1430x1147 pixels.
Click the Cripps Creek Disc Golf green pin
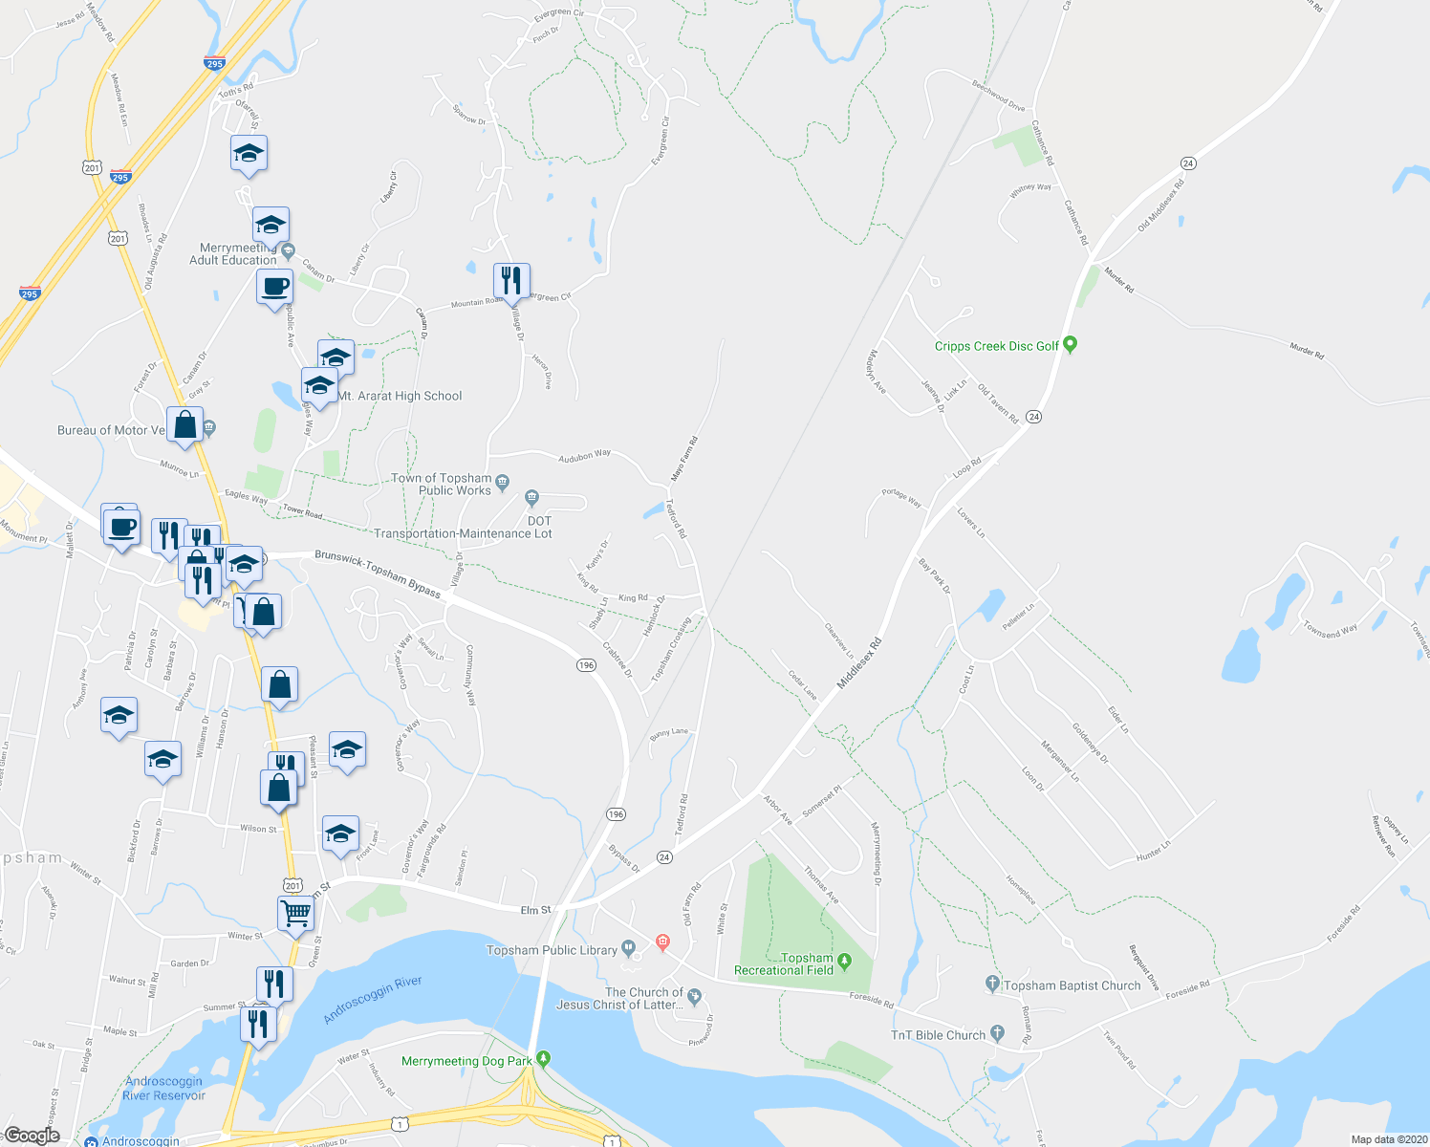coord(1071,345)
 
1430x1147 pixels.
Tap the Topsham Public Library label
coord(552,950)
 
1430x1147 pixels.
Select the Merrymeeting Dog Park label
coord(466,1061)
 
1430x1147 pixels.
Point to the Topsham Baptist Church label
coord(1072,985)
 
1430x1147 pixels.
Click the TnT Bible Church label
coord(938,1035)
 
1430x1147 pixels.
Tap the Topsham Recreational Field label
coord(784,963)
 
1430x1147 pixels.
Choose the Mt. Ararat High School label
coord(401,396)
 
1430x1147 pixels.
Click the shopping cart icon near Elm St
coord(295,914)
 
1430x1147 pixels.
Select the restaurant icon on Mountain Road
coord(511,280)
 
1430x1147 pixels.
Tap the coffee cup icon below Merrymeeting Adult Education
coord(274,286)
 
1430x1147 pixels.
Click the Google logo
coord(32,1136)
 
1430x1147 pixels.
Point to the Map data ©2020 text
coord(1388,1139)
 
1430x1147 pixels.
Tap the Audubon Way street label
coord(585,455)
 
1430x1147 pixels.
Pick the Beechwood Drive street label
coord(999,96)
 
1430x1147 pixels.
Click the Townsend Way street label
coord(1331,630)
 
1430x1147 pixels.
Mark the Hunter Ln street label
coord(1154,849)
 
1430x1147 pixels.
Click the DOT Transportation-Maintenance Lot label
coord(464,528)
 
